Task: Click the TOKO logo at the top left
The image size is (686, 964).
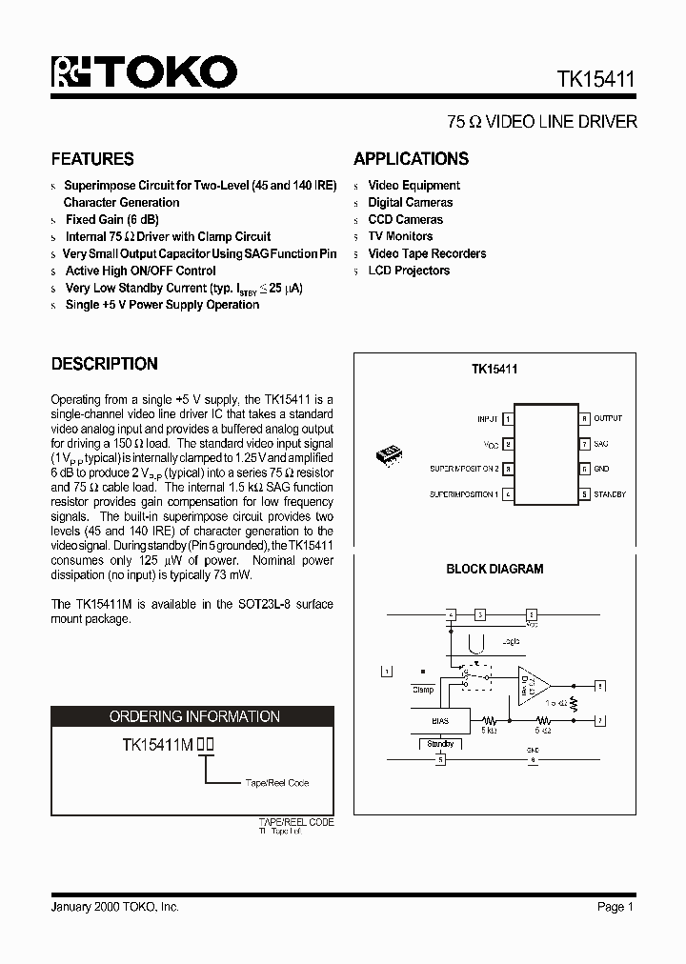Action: (x=144, y=72)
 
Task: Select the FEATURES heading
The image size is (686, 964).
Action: (x=92, y=159)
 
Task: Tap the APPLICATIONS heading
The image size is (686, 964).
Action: (x=411, y=159)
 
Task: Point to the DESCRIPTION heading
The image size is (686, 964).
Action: (x=104, y=364)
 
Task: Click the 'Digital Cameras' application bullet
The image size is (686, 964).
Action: (x=410, y=203)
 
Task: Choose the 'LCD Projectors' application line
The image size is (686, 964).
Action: (x=409, y=271)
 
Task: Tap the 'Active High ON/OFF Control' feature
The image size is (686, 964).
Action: (x=140, y=271)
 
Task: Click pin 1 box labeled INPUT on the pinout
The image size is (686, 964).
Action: (x=509, y=419)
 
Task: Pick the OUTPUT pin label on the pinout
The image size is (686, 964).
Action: (x=607, y=419)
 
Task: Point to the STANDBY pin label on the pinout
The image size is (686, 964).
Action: (x=609, y=495)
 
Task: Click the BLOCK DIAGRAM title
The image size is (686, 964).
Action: (x=494, y=570)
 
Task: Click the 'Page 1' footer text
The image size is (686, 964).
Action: (x=615, y=907)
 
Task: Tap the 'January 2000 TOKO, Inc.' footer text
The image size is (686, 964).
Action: (x=114, y=907)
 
